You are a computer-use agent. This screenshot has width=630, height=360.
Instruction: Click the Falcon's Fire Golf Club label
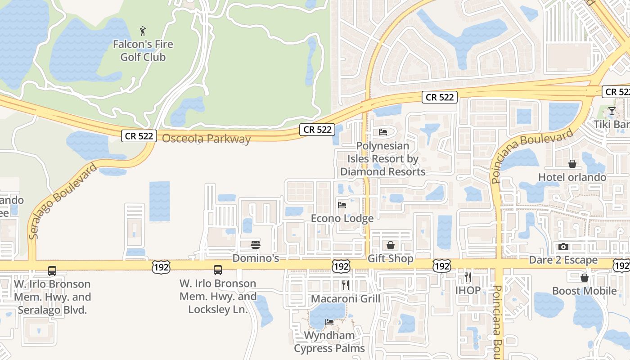[x=143, y=51]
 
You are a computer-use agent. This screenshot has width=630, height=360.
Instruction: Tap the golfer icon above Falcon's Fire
[x=143, y=31]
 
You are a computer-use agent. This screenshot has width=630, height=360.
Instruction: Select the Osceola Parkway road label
[x=206, y=139]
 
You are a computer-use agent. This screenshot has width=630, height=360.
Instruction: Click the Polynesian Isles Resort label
[x=382, y=159]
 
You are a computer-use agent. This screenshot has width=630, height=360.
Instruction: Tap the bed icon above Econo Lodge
[x=342, y=205]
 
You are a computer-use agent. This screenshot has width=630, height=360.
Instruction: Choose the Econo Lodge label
[x=342, y=219]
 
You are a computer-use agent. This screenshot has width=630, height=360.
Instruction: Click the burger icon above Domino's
[x=256, y=245]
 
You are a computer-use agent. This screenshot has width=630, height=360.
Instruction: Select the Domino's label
[x=256, y=258]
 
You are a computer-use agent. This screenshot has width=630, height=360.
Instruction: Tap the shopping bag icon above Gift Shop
[x=390, y=245]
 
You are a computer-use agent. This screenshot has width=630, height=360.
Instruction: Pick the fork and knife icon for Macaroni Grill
[x=346, y=285]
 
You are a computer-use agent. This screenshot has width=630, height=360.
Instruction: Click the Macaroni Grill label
[x=346, y=299]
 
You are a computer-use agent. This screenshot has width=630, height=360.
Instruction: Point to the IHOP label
[x=468, y=290]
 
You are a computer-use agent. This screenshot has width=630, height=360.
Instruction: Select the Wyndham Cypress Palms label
[x=329, y=342]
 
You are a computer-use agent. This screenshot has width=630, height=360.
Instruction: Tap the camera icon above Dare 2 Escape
[x=563, y=247]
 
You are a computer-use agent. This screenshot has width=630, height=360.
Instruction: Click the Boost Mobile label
[x=584, y=291]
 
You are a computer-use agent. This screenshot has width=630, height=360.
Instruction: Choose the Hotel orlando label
[x=572, y=177]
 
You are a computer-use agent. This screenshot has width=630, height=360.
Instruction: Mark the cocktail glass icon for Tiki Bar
[x=612, y=111]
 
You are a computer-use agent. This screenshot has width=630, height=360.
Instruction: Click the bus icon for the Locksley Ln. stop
[x=218, y=270]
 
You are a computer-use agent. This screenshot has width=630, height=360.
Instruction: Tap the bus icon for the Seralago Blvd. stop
[x=52, y=271]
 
